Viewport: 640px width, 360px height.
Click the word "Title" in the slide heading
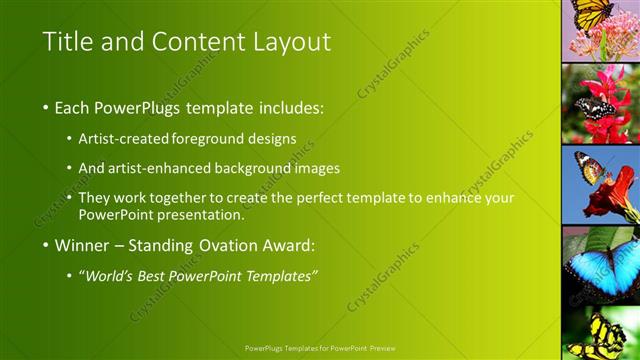[67, 42]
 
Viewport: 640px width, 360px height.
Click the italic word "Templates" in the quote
[281, 276]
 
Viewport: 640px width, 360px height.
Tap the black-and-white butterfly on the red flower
[596, 108]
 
